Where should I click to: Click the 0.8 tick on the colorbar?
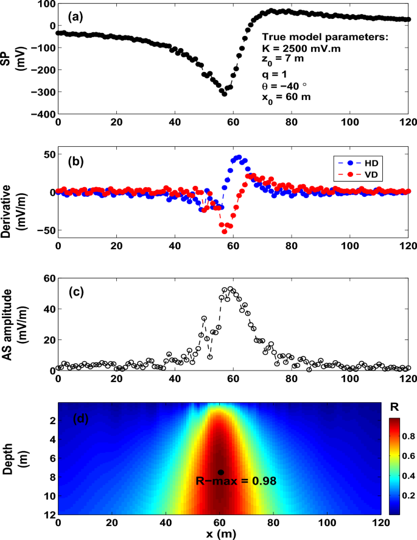[407, 438]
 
